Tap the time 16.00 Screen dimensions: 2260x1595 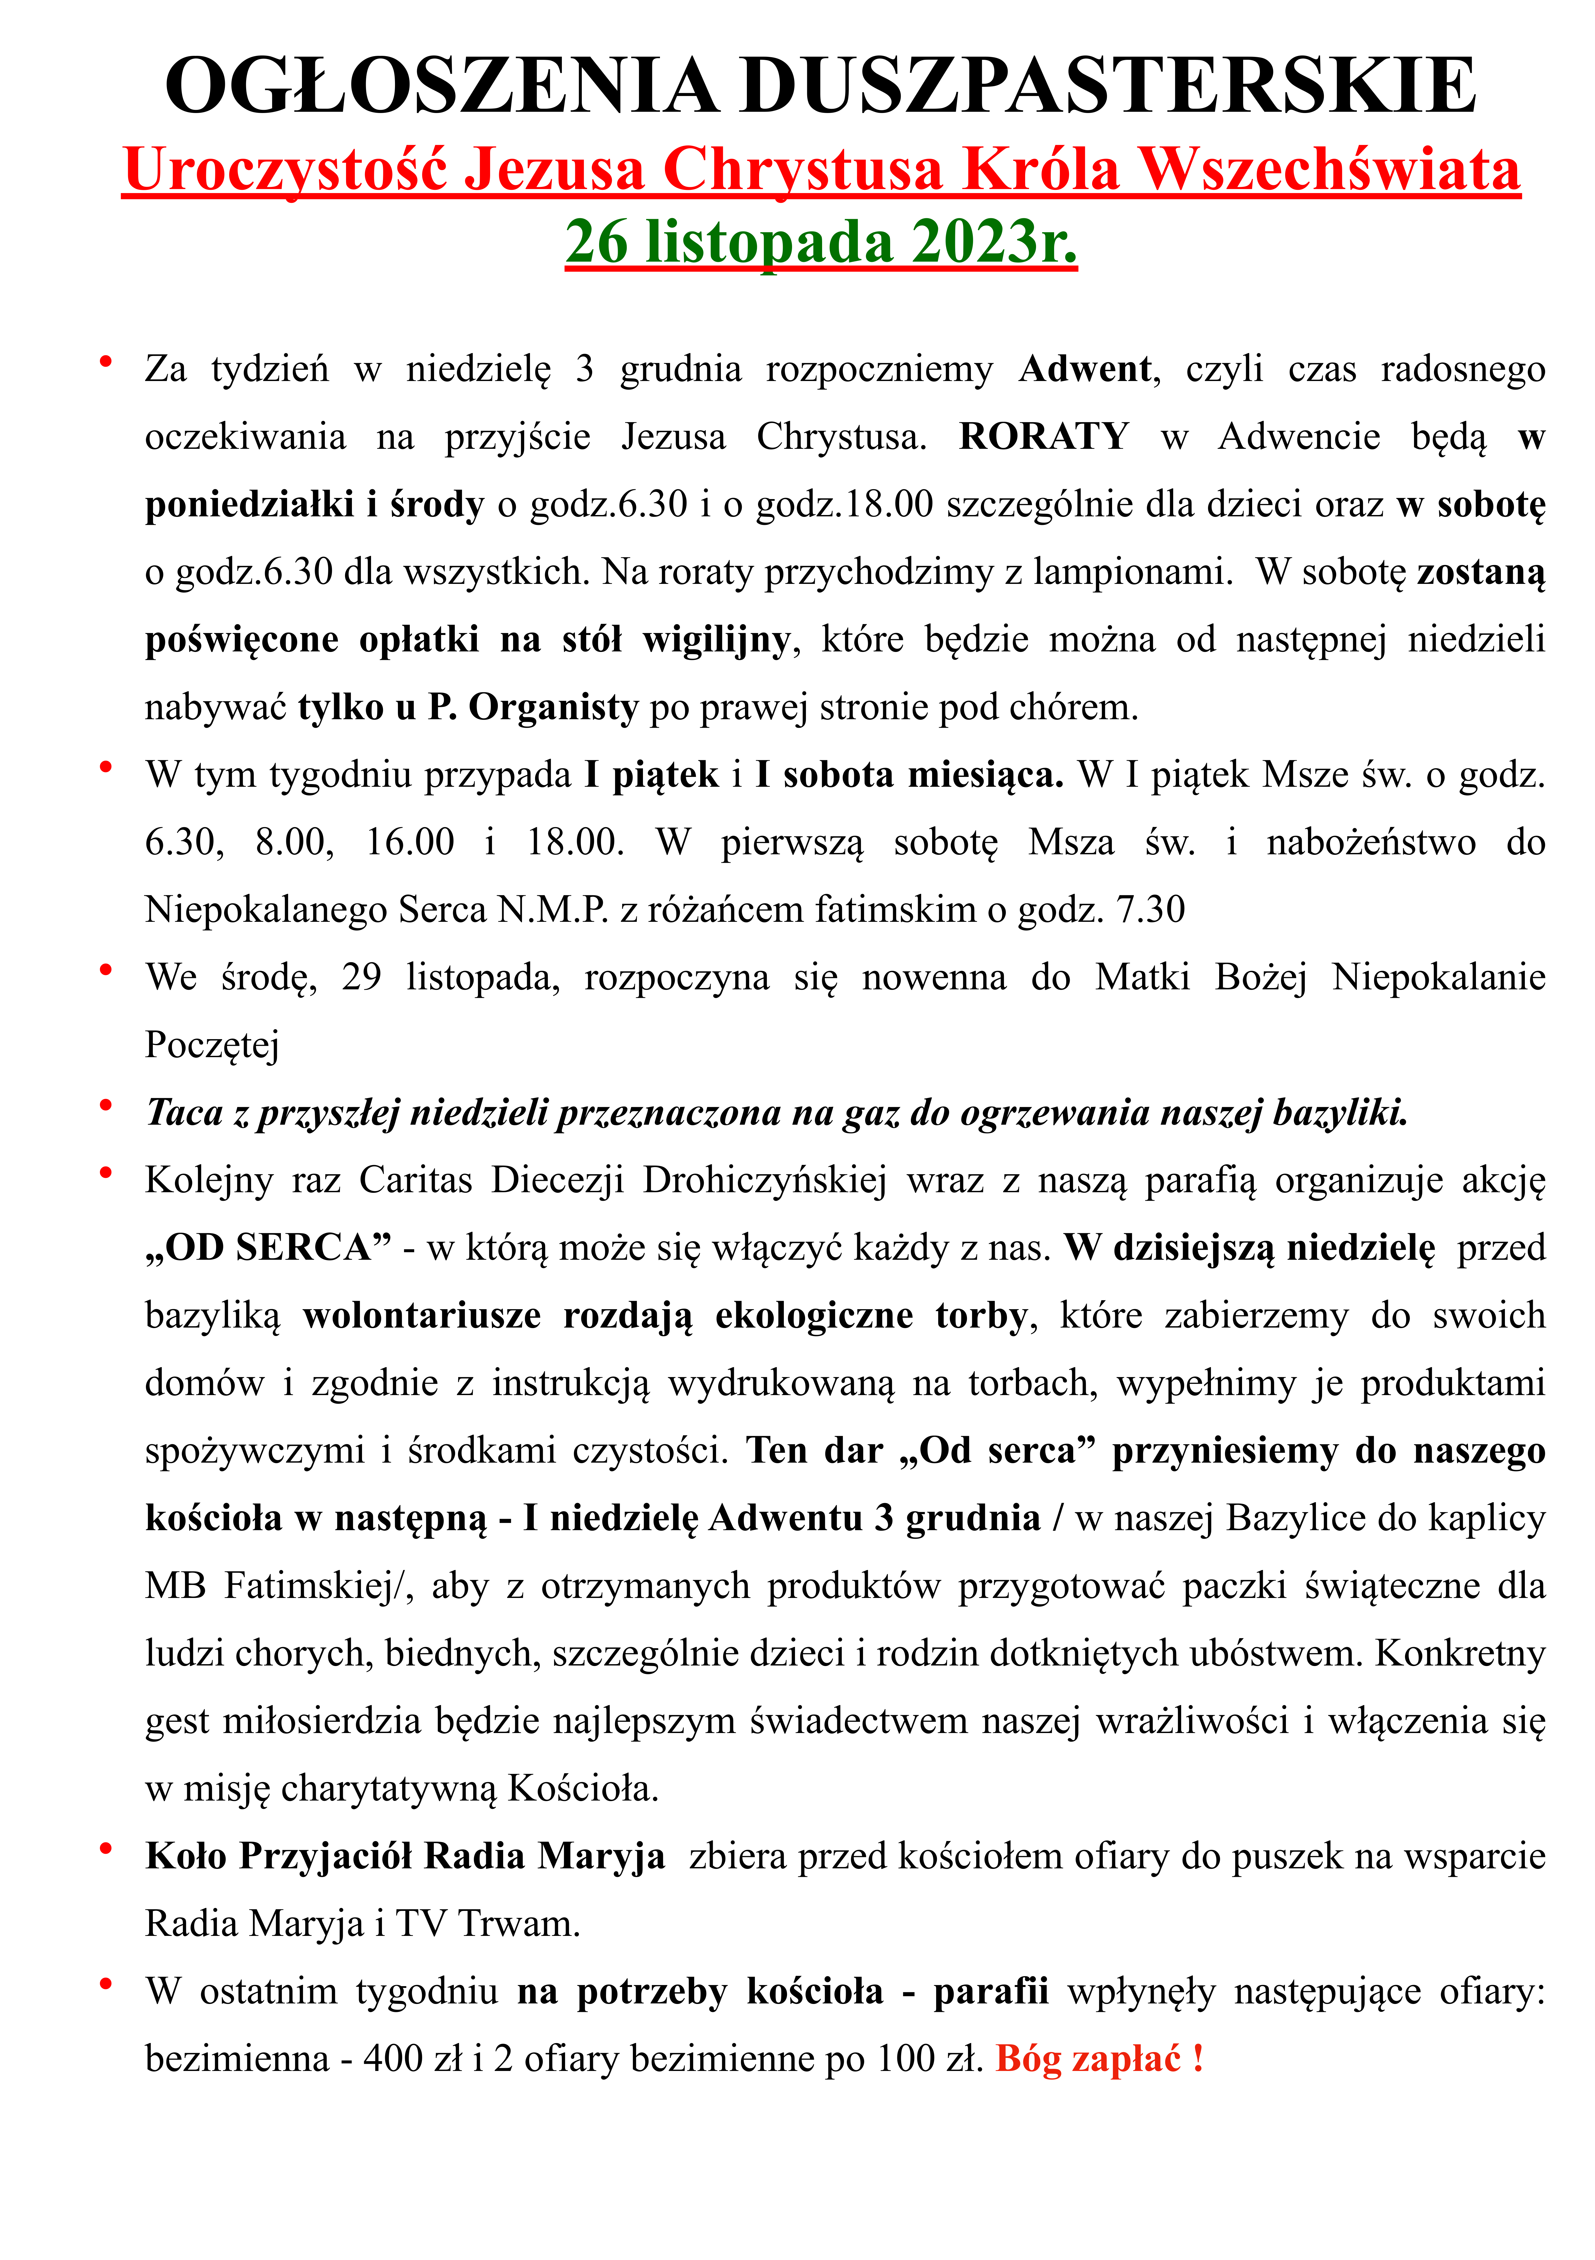pyautogui.click(x=409, y=843)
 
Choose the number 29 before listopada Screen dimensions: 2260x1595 pyautogui.click(x=361, y=977)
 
